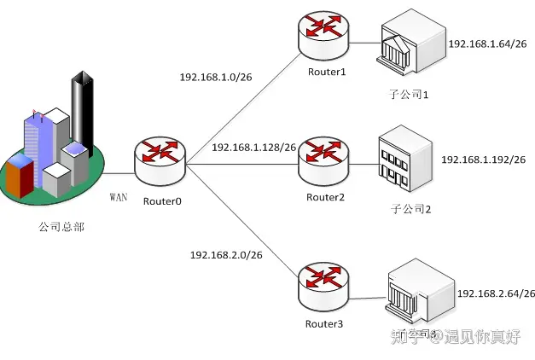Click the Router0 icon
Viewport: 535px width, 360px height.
(x=160, y=162)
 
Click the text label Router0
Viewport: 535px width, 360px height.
(x=163, y=202)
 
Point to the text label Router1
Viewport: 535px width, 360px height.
(x=327, y=73)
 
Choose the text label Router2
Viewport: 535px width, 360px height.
(x=325, y=198)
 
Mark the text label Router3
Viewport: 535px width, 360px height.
(x=324, y=324)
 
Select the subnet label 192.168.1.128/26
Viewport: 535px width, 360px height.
(x=253, y=147)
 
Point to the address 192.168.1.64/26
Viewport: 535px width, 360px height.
(x=487, y=43)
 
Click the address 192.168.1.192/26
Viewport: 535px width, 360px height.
(x=483, y=160)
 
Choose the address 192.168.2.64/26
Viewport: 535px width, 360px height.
(x=496, y=293)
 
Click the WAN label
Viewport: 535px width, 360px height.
(x=119, y=197)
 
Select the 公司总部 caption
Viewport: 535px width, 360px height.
(x=61, y=227)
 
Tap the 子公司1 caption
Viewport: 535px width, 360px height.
(x=405, y=95)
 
